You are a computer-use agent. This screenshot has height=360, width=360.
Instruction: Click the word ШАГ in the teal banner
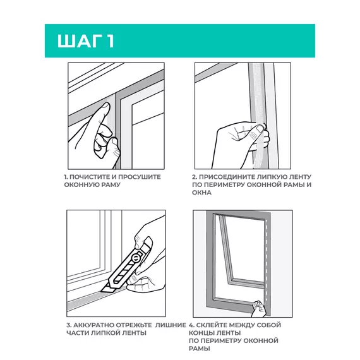click(x=80, y=41)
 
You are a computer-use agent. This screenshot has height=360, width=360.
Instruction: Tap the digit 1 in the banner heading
click(x=110, y=41)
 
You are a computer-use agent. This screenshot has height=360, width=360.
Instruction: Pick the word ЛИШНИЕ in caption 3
click(x=171, y=325)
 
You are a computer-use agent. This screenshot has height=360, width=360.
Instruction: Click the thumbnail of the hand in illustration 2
click(x=260, y=128)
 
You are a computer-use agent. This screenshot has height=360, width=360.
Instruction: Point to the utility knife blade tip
click(x=102, y=291)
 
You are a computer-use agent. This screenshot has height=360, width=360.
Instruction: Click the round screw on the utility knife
click(x=136, y=258)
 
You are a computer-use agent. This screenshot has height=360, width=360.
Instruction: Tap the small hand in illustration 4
click(x=258, y=309)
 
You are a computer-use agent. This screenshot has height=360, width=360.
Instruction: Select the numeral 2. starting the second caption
click(x=195, y=177)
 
